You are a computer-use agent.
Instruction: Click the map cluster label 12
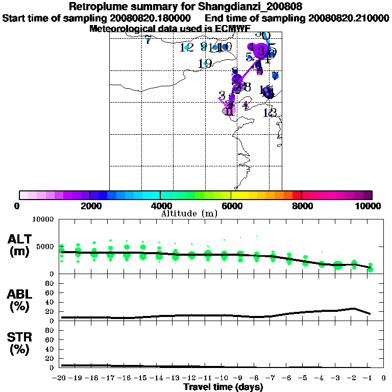pos(187,47)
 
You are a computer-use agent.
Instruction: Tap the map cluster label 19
pos(205,64)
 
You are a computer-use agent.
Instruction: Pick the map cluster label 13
pos(270,113)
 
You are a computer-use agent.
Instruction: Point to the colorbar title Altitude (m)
pos(189,213)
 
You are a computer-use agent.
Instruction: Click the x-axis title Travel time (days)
pos(224,387)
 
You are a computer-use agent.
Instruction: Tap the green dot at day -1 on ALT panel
pos(370,269)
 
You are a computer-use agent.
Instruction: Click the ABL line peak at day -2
pos(354,308)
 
